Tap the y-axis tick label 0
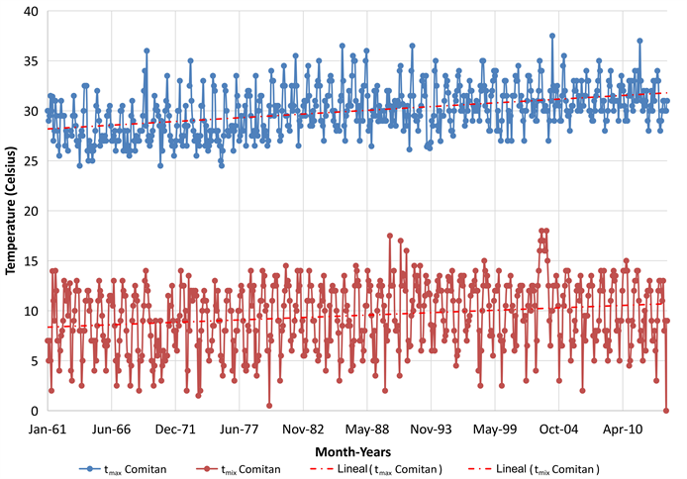pos(34,411)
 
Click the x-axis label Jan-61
pos(47,431)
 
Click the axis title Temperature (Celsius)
pos(12,211)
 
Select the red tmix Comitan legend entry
pos(241,469)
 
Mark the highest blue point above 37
pos(552,36)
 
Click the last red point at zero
pos(666,411)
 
